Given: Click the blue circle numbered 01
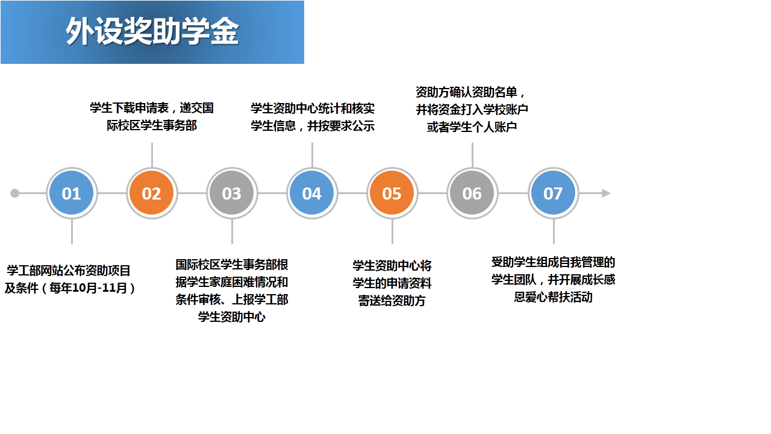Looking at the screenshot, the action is point(72,193).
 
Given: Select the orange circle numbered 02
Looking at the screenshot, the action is point(152,193).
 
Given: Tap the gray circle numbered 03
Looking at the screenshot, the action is point(232,193).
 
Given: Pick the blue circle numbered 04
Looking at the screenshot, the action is point(312,193).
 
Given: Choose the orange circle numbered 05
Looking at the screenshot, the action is point(392,193).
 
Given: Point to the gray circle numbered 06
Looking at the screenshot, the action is point(472,193).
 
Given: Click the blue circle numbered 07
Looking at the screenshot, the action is point(553,193).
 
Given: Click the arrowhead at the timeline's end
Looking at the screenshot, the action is point(606,193).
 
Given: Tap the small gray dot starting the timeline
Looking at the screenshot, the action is point(15,193).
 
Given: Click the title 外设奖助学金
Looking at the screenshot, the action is point(152,31).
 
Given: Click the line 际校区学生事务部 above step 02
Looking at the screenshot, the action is point(152,125).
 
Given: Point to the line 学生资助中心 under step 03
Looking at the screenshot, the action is point(232,317).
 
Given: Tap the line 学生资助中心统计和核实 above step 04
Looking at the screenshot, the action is point(313,108).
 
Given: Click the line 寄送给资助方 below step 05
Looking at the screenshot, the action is point(392,301).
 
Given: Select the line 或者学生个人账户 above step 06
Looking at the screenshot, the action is point(472,127).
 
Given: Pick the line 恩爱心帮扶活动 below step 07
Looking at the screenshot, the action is point(553,297).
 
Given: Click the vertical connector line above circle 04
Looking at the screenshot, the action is point(312,156).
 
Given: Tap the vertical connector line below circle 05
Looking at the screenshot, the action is point(392,231).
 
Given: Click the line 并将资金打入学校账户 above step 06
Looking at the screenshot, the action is point(472,110).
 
